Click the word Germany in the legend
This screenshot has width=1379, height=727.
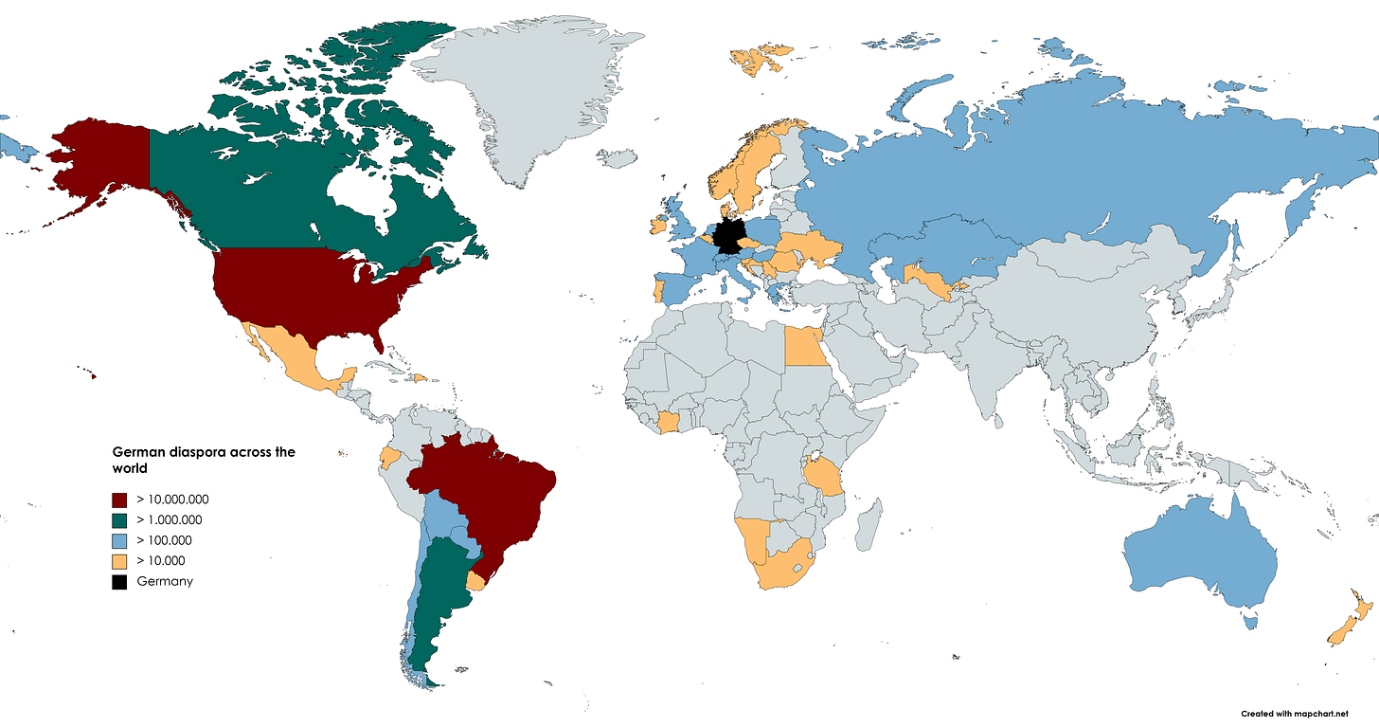click(x=165, y=581)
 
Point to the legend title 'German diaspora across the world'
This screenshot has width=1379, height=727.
click(x=204, y=460)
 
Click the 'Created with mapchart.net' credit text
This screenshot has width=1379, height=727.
click(x=1307, y=712)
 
